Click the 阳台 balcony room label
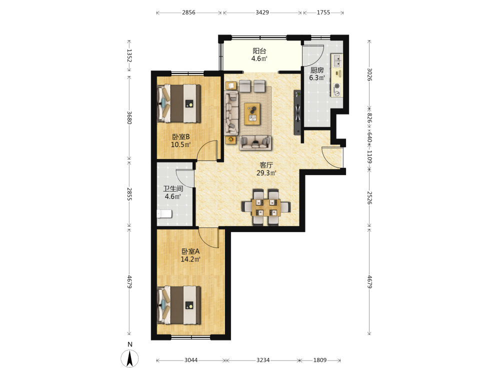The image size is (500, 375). (259, 51)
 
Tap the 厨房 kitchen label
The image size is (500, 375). (317, 70)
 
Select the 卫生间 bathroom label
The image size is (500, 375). (173, 189)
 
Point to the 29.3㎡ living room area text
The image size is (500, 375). (266, 173)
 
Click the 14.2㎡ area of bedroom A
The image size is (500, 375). (190, 259)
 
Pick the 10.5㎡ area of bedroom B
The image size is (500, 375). (181, 145)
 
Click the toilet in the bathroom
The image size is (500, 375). (164, 213)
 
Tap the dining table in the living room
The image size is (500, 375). (266, 207)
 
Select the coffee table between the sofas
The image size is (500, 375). (252, 114)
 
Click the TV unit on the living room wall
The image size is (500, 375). (297, 112)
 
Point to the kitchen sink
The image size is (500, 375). (336, 60)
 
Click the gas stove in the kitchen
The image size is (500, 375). (336, 89)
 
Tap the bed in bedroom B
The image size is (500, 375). (179, 103)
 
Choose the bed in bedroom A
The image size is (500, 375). (179, 305)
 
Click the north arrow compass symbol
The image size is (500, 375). (129, 358)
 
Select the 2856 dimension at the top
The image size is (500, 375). (189, 12)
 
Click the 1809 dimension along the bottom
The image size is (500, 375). (320, 360)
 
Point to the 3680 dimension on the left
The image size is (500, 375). (129, 117)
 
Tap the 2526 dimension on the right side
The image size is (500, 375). (369, 198)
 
